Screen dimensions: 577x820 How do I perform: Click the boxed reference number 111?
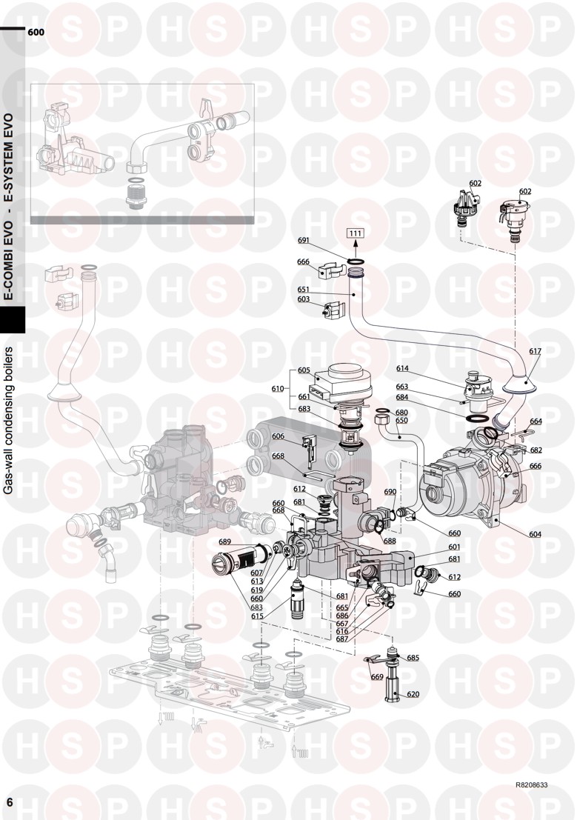356,233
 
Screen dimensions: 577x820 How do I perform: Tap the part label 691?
304,241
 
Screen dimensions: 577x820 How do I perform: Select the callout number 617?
535,351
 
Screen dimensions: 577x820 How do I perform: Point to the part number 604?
535,534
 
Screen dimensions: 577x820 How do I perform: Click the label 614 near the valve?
401,368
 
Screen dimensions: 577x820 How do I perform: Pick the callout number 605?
304,370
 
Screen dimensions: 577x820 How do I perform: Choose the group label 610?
277,389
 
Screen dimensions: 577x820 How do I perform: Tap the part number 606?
278,436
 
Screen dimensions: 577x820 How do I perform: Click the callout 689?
224,541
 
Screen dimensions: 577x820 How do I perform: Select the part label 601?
454,547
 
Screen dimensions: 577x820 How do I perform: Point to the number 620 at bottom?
413,694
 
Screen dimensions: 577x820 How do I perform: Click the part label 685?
413,657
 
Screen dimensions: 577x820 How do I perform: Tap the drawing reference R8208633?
532,785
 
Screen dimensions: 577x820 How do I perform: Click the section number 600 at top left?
36,32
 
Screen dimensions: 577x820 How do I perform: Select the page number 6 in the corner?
10,802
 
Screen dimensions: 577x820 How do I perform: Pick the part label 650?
401,420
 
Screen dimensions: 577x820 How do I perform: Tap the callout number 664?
536,421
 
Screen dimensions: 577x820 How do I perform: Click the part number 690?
390,492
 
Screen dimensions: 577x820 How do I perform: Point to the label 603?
304,299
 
